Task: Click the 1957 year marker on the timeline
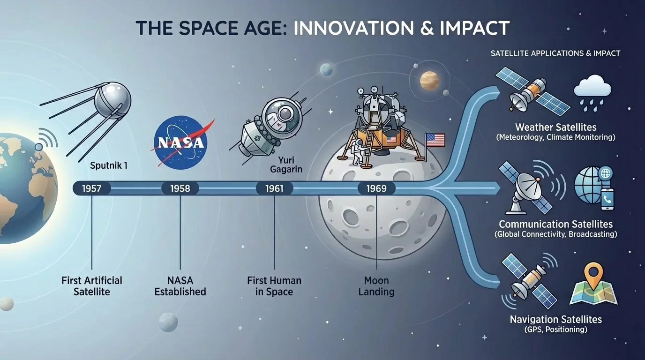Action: click(92, 189)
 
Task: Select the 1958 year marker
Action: click(180, 189)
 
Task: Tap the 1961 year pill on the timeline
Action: click(275, 189)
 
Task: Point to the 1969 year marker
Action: click(376, 189)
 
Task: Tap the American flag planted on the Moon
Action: click(435, 140)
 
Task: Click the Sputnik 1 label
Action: click(108, 165)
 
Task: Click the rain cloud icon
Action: click(593, 94)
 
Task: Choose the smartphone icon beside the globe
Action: click(607, 199)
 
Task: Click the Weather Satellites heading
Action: click(555, 127)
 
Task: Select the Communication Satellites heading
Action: click(555, 224)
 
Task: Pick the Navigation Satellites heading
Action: click(555, 319)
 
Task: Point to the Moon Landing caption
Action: click(376, 286)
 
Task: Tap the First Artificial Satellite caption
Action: click(92, 286)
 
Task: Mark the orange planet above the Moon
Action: click(429, 80)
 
